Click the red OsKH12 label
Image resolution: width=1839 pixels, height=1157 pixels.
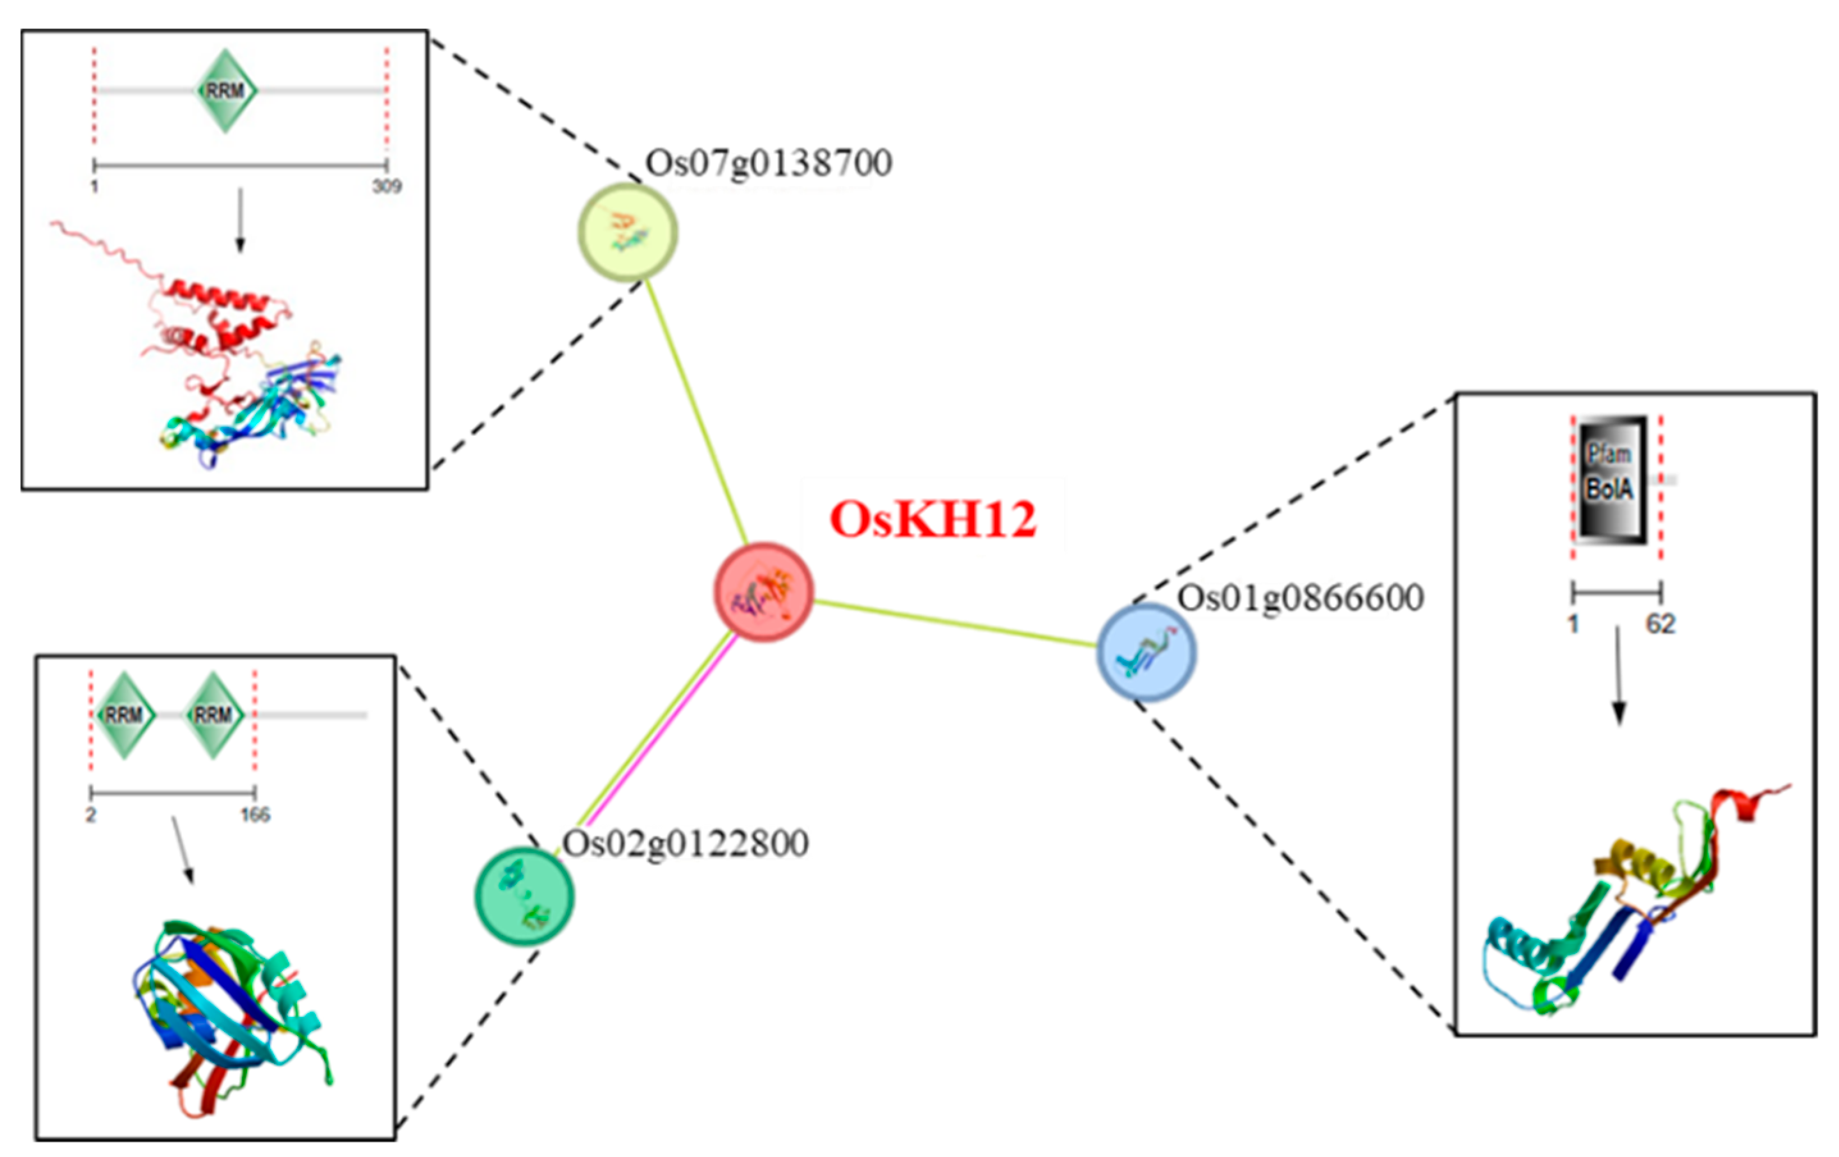point(933,520)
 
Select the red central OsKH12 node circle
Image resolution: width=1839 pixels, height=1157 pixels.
point(763,592)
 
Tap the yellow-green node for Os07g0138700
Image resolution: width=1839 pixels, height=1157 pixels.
point(627,232)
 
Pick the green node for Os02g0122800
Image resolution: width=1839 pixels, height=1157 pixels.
point(524,896)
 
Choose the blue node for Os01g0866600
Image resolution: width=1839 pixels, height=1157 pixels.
point(1146,652)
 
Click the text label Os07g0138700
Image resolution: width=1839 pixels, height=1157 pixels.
point(768,163)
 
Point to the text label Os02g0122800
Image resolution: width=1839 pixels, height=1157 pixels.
point(685,844)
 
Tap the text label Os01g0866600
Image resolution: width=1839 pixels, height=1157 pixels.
point(1300,598)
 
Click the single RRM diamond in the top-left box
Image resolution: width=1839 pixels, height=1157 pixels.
point(225,91)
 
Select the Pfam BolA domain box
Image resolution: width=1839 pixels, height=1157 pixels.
point(1609,479)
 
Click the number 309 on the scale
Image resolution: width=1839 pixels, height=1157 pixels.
point(387,186)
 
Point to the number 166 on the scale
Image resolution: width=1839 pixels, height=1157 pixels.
point(255,815)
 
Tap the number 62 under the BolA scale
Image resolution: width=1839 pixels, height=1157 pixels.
point(1660,625)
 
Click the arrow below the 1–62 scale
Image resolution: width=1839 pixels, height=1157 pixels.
point(1618,676)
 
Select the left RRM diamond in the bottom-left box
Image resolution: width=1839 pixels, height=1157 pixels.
point(124,715)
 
